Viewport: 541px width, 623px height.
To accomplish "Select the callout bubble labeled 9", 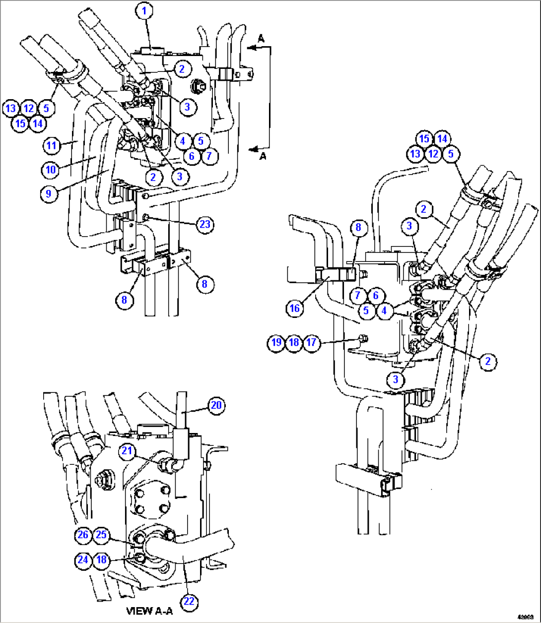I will tap(49, 193).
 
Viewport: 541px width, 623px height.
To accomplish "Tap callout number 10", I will tap(51, 170).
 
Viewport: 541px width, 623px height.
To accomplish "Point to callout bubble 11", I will tap(52, 146).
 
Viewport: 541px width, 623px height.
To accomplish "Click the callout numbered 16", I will tap(295, 309).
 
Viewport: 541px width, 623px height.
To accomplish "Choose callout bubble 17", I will tap(312, 342).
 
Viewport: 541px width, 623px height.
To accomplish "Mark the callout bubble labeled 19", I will tap(276, 342).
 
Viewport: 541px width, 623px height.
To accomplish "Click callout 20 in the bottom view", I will tap(216, 406).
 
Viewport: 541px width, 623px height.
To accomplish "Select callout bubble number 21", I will tap(128, 450).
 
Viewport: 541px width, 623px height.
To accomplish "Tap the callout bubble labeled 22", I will tap(189, 601).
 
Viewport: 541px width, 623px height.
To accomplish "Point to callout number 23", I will tap(205, 224).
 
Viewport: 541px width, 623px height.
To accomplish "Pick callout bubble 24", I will tap(83, 560).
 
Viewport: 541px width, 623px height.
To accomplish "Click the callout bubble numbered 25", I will tap(101, 535).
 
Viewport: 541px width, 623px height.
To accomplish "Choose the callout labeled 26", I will tap(83, 535).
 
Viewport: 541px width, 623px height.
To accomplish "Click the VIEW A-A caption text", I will tap(149, 611).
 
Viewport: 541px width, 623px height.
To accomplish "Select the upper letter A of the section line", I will tap(262, 39).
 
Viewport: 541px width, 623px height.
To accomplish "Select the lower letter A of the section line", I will tap(263, 156).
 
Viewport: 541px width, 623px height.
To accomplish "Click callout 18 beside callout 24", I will tap(101, 560).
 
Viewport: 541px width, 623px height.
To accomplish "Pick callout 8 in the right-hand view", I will tap(358, 228).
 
